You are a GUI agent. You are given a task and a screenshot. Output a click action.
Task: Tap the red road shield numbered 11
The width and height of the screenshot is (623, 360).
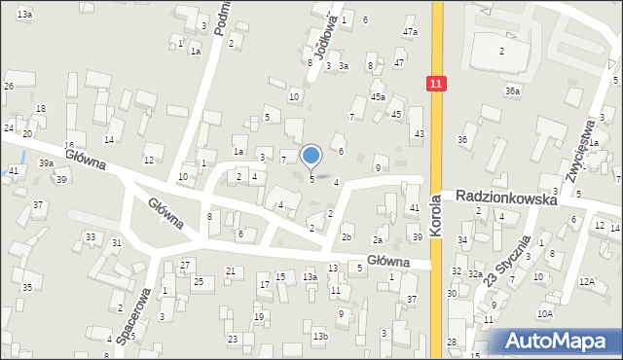435,85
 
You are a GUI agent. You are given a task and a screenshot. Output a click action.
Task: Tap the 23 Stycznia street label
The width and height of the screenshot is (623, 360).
509,260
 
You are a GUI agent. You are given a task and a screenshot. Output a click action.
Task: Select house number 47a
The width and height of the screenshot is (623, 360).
411,32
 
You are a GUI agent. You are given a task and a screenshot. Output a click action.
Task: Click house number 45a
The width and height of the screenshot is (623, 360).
378,97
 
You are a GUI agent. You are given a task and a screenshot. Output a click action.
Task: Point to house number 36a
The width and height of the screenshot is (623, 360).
512,90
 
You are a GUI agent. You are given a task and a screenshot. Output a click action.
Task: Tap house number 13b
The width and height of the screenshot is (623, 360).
320,337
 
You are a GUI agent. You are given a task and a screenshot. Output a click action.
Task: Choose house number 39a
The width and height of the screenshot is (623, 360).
46,163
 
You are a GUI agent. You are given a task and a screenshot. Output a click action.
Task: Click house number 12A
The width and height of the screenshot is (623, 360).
586,281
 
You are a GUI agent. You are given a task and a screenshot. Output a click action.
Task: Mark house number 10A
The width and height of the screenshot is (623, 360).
545,313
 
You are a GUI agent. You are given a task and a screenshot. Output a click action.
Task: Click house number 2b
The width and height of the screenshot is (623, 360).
347,236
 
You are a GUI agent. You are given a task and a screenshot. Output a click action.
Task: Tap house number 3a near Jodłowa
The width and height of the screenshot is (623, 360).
344,65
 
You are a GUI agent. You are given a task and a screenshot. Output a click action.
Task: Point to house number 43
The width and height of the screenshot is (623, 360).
419,133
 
